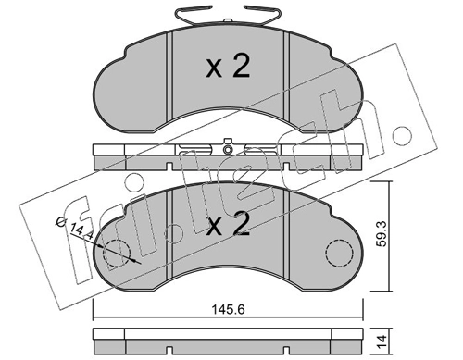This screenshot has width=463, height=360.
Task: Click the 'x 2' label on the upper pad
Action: click(227, 67)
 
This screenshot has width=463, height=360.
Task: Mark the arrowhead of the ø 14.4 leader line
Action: click(136, 263)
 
